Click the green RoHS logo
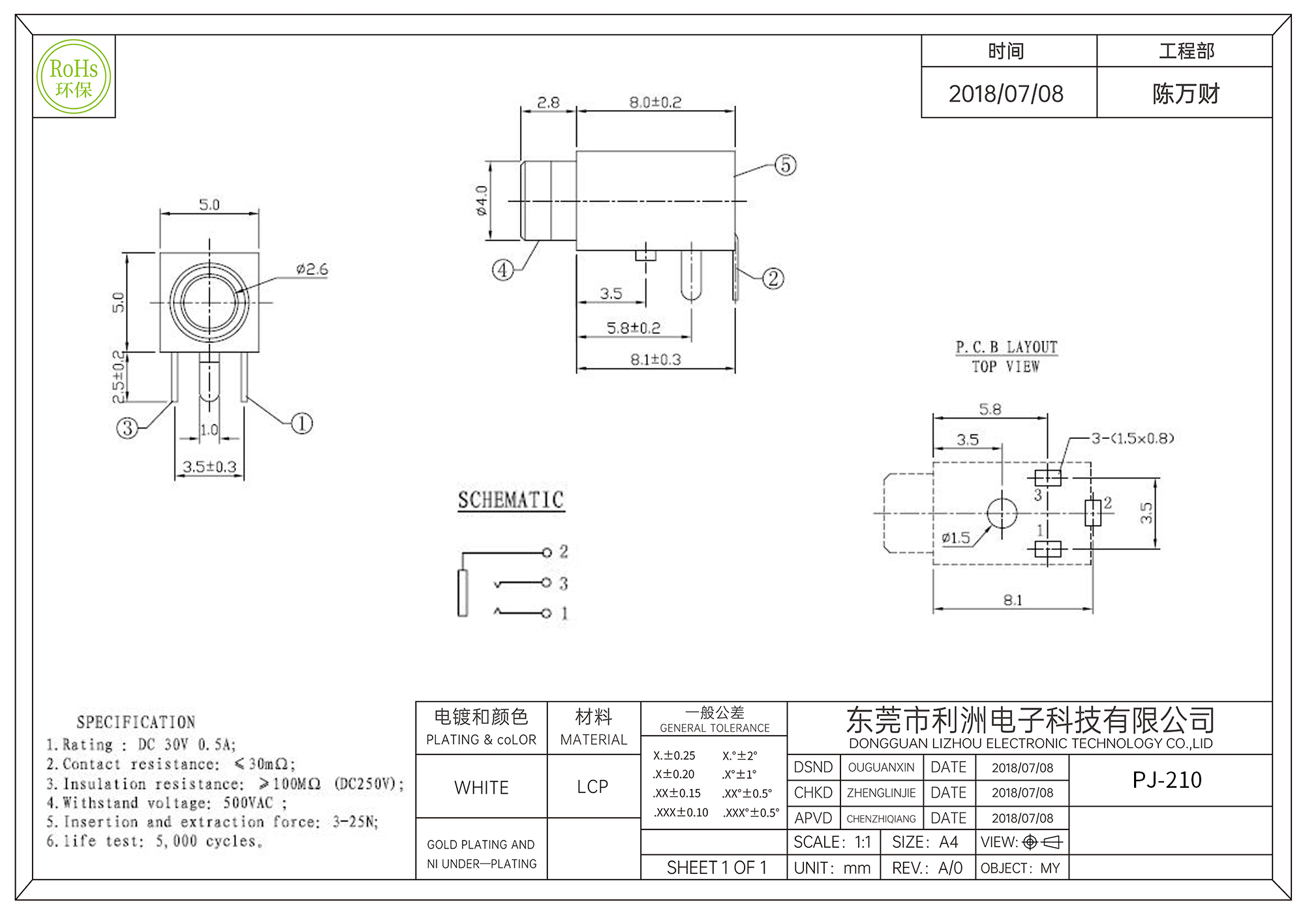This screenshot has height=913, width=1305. click(x=74, y=77)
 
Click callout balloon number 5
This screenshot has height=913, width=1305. click(x=786, y=165)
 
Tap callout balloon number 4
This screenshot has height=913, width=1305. click(x=502, y=269)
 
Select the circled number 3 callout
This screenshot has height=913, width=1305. click(x=127, y=428)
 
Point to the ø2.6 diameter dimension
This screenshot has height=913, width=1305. click(x=312, y=269)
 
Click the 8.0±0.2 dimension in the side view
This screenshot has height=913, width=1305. click(x=655, y=102)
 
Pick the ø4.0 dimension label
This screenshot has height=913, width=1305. click(x=482, y=200)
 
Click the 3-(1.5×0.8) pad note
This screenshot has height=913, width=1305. click(x=1133, y=438)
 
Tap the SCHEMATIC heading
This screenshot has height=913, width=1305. click(x=511, y=500)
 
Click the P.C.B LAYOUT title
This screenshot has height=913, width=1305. click(x=1006, y=348)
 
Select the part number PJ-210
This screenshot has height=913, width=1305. click(x=1167, y=780)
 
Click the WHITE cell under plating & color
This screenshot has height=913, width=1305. click(x=482, y=788)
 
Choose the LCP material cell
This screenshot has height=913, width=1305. click(x=592, y=787)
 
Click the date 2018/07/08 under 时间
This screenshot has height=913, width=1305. click(x=1006, y=94)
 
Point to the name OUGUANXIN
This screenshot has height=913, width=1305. click(x=881, y=768)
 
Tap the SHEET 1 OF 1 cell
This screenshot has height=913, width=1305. click(x=716, y=868)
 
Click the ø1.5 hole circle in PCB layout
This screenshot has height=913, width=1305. click(x=1002, y=513)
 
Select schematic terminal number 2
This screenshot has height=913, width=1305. click(x=563, y=552)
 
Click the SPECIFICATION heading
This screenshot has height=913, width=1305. click(x=136, y=722)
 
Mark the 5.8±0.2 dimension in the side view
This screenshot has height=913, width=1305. click(x=634, y=328)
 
